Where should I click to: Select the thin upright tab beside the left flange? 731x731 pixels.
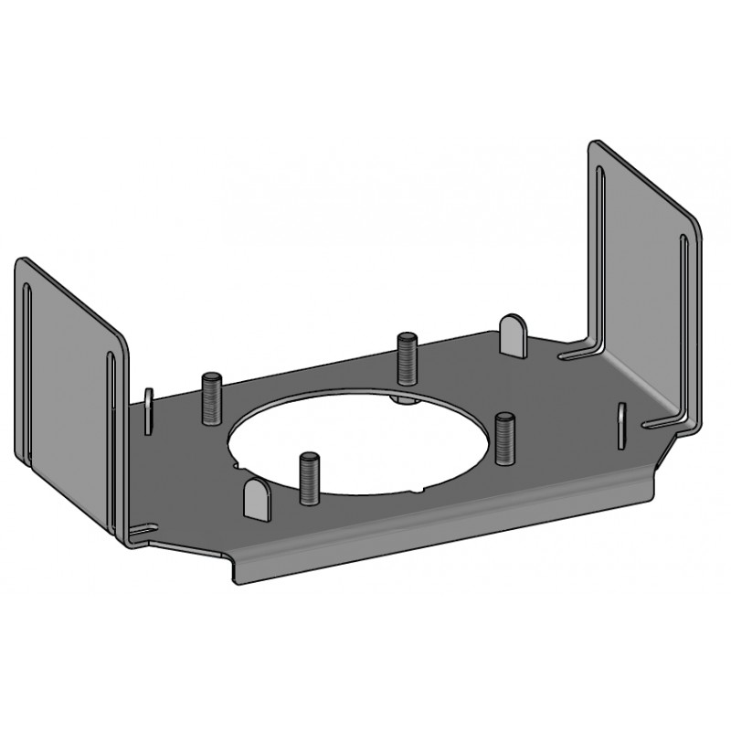pyautogui.click(x=147, y=406)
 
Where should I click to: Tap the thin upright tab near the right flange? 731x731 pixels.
pyautogui.click(x=621, y=424)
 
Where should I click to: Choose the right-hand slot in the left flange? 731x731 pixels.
pyautogui.click(x=111, y=439)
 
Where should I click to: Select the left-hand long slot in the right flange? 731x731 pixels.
pyautogui.click(x=599, y=256)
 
